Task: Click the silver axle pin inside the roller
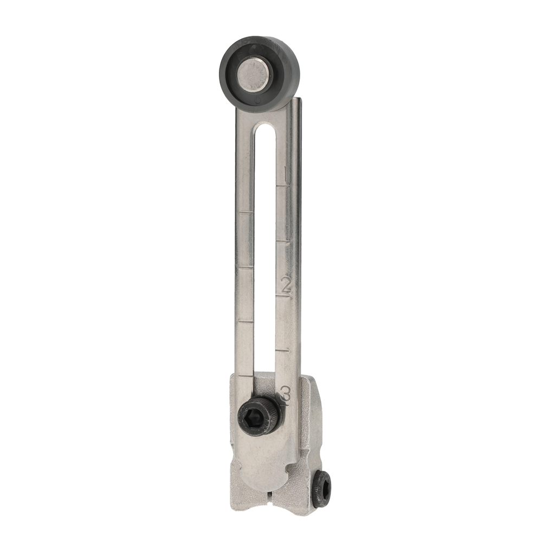[254, 75]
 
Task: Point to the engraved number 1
[285, 175]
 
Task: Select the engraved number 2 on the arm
[286, 284]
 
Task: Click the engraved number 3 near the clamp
[286, 393]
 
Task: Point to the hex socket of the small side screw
[323, 488]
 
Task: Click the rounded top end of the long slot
[266, 128]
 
